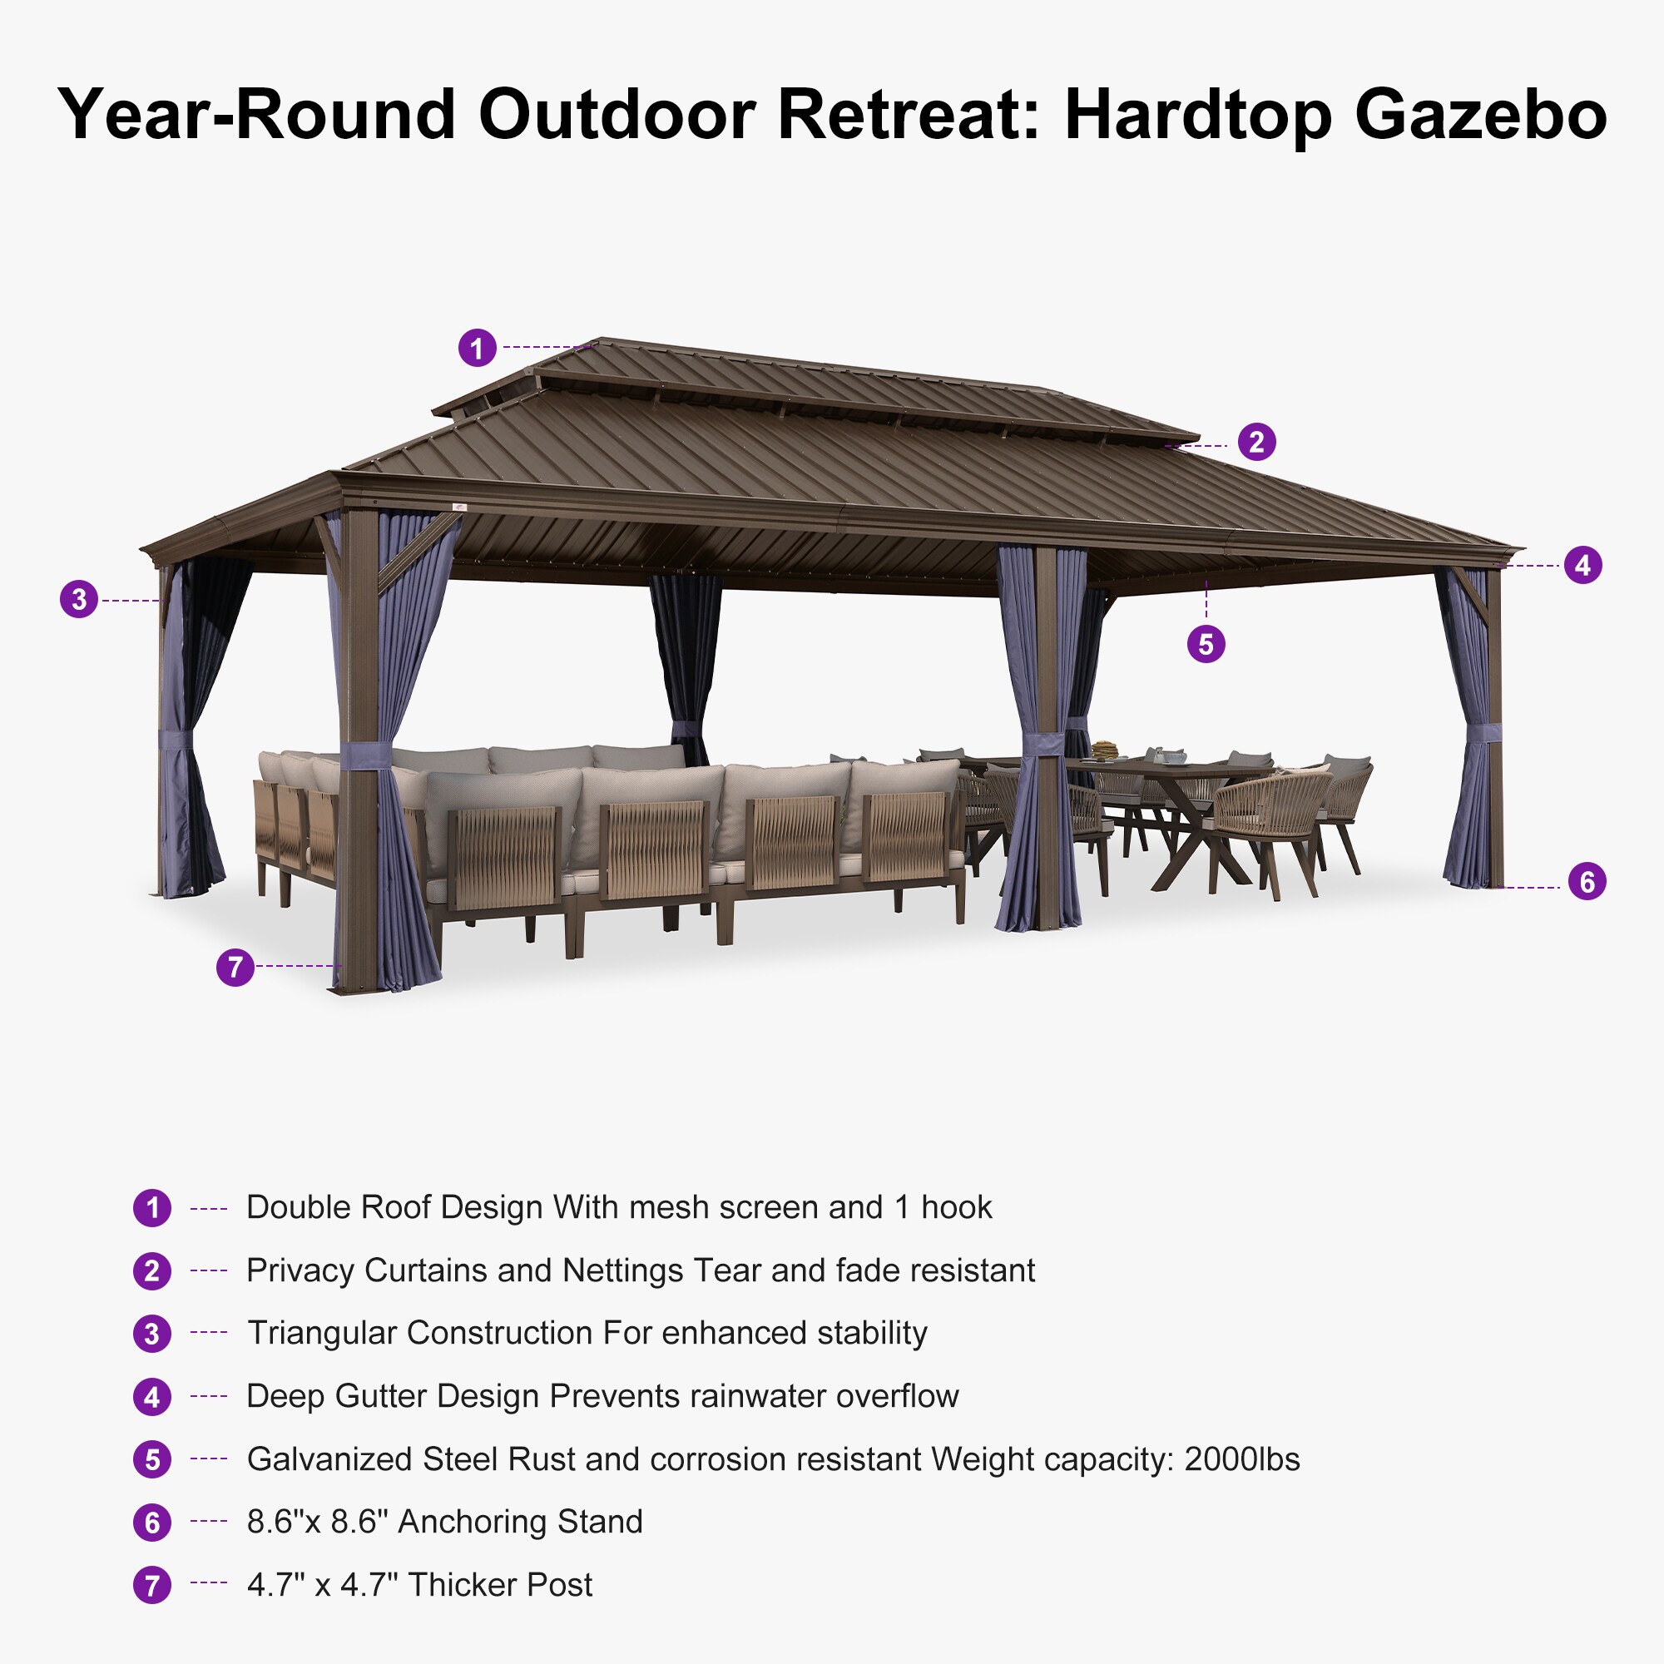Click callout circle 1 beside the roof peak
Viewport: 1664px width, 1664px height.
pyautogui.click(x=477, y=348)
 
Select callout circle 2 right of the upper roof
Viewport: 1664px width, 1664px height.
pyautogui.click(x=1256, y=442)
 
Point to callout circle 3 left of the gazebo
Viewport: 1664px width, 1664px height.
pyautogui.click(x=79, y=598)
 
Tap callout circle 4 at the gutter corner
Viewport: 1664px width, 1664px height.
pyautogui.click(x=1583, y=565)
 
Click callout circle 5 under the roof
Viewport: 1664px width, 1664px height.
pyautogui.click(x=1206, y=644)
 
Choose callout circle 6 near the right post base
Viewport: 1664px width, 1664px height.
pyautogui.click(x=1587, y=881)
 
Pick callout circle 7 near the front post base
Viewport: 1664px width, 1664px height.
pyautogui.click(x=235, y=968)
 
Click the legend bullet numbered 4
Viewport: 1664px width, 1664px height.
pyautogui.click(x=152, y=1397)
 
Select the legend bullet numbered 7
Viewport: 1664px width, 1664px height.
pyautogui.click(x=152, y=1586)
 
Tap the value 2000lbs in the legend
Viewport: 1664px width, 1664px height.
pyautogui.click(x=1242, y=1460)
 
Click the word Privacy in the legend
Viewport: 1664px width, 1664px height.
pyautogui.click(x=300, y=1270)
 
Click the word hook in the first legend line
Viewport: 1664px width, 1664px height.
pyautogui.click(x=956, y=1207)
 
